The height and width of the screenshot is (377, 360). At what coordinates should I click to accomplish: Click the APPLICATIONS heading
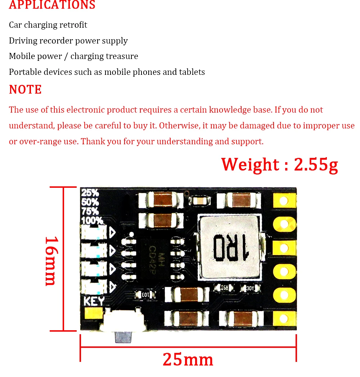[52, 5]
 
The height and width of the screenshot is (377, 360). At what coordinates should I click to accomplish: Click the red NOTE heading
[25, 90]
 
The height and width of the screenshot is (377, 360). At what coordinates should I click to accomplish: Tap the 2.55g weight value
[316, 165]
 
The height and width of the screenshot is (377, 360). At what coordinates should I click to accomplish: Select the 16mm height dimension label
[51, 260]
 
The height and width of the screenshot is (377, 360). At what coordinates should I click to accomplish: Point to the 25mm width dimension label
[188, 359]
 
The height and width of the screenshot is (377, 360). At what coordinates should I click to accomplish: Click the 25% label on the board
[90, 193]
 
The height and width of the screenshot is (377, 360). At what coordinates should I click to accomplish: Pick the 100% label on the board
[92, 220]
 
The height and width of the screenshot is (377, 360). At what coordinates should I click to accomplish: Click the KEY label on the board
[94, 301]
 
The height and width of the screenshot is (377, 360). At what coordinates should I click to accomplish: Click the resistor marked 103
[145, 295]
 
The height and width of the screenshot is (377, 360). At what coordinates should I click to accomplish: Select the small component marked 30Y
[250, 288]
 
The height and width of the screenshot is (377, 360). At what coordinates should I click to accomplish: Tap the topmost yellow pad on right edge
[284, 200]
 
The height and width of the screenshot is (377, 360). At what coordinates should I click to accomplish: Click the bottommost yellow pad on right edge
[284, 318]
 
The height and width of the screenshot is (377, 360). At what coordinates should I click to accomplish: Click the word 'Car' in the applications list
[15, 25]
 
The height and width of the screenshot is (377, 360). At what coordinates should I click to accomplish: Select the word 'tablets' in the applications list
[192, 72]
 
